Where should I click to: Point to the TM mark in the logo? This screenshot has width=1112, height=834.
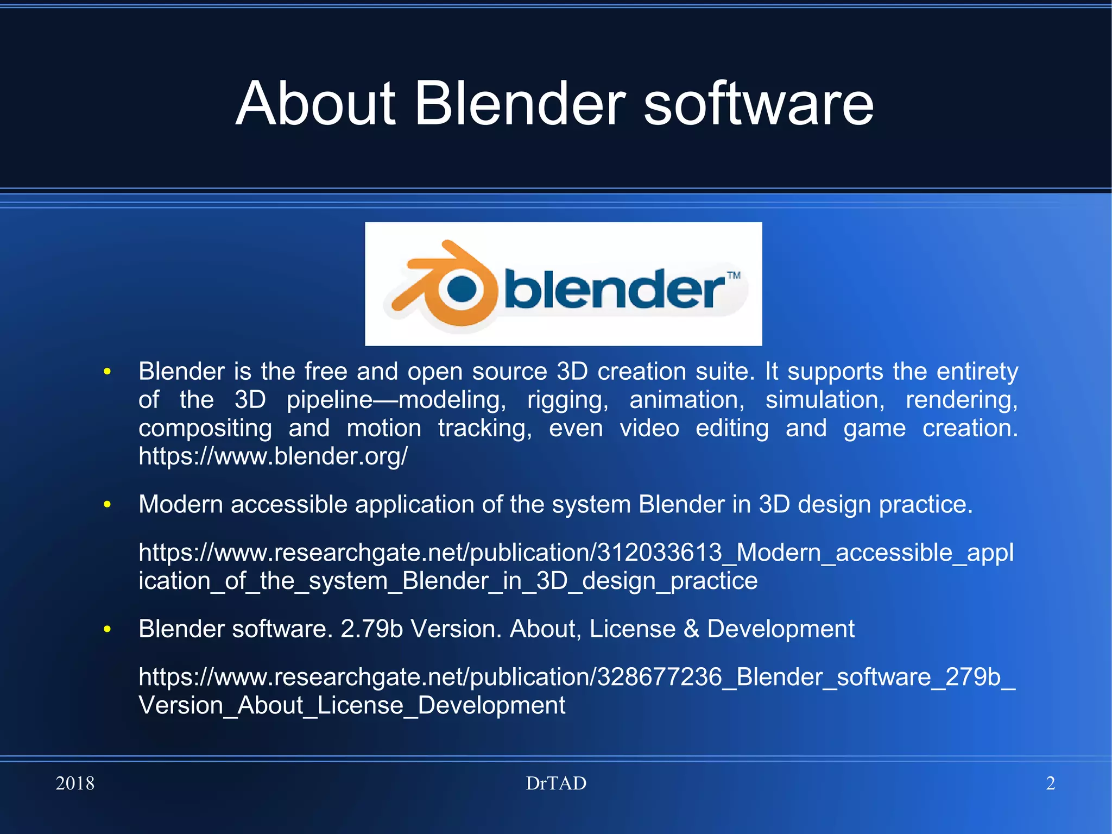(x=734, y=275)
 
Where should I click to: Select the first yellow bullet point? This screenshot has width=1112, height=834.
(x=108, y=372)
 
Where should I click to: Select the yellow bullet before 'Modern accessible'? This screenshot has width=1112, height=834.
(x=108, y=505)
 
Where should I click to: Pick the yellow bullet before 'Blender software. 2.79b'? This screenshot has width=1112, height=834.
(x=108, y=629)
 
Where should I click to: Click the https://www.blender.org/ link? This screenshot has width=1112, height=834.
(x=273, y=456)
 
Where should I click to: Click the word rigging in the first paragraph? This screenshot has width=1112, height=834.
(x=567, y=400)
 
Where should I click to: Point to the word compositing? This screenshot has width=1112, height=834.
(x=205, y=429)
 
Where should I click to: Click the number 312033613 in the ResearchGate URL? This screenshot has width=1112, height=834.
(x=660, y=553)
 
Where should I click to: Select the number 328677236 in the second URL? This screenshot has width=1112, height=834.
(x=660, y=677)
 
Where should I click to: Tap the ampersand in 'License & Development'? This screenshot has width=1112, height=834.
(x=691, y=629)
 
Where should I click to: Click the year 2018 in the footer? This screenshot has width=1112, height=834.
(x=75, y=783)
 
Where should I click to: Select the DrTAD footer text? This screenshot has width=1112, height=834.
(x=556, y=783)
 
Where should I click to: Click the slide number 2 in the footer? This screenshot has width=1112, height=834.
(x=1050, y=783)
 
